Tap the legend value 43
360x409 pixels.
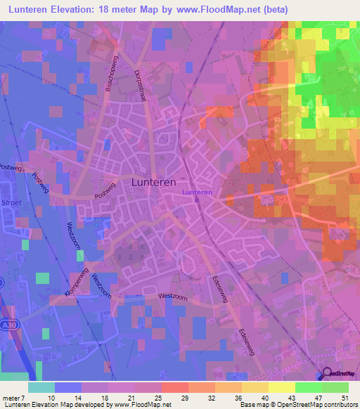click(290, 397)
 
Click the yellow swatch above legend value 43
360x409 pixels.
click(281, 387)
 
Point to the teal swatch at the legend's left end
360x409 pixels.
click(41, 387)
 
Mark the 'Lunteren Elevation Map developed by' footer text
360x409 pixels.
click(56, 405)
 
